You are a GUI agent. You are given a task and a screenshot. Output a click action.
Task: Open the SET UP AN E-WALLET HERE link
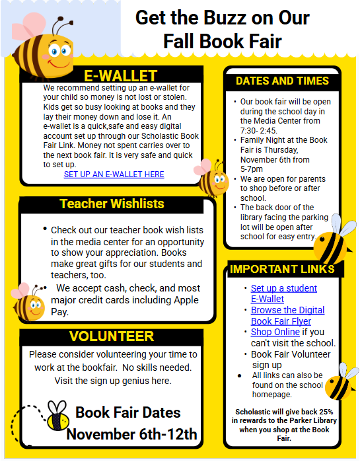pyautogui.click(x=114, y=174)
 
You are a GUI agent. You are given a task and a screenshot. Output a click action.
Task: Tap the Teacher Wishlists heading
pyautogui.click(x=112, y=204)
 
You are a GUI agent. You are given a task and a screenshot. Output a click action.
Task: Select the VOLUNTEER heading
pyautogui.click(x=112, y=336)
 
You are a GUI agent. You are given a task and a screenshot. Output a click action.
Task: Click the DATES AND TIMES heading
pyautogui.click(x=282, y=81)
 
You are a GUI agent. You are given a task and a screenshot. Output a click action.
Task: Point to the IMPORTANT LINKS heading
pyautogui.click(x=282, y=269)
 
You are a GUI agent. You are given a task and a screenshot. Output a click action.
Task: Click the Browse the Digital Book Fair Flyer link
pyautogui.click(x=287, y=315)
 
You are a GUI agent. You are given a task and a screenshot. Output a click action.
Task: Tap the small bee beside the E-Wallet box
pyautogui.click(x=213, y=177)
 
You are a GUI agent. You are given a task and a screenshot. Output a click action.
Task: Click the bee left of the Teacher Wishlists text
pyautogui.click(x=29, y=303)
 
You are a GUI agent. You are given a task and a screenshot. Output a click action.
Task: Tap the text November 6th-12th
pyautogui.click(x=131, y=434)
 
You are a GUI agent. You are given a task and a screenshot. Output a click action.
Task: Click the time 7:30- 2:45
pyautogui.click(x=260, y=130)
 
